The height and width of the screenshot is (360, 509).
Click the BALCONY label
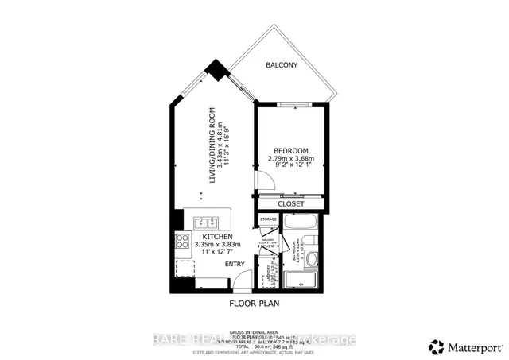click(281, 64)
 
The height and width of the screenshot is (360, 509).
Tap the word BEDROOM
click(290, 150)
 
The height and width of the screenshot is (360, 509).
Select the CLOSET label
click(290, 203)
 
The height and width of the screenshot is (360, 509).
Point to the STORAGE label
click(267, 219)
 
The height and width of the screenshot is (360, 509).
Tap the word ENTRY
click(235, 264)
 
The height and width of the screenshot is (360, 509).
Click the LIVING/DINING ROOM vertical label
click(212, 145)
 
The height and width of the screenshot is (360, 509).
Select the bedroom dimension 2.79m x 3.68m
click(291, 159)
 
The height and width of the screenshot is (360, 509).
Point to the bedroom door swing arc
click(266, 181)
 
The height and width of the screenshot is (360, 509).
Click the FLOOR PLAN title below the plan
click(254, 303)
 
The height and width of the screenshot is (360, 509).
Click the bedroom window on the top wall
click(290, 104)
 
